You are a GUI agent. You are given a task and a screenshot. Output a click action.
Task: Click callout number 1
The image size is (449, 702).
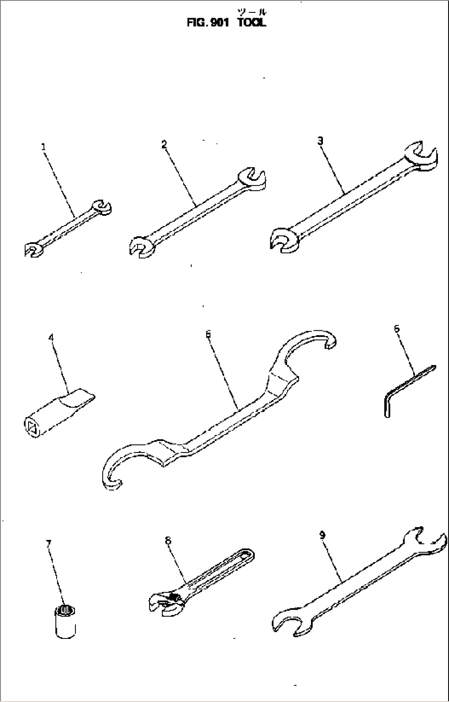[x=44, y=147]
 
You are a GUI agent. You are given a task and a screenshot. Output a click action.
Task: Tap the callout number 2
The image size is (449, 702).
[x=164, y=145]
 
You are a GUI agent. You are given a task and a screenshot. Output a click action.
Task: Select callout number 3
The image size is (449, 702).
[x=320, y=141]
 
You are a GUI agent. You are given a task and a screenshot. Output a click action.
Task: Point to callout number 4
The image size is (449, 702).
[x=51, y=337]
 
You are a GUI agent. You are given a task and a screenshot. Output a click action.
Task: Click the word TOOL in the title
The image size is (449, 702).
[x=252, y=22]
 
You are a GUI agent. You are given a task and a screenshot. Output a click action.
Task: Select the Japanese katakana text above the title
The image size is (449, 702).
[x=252, y=12]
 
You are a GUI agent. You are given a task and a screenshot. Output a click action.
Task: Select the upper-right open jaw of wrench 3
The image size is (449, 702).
[x=421, y=155]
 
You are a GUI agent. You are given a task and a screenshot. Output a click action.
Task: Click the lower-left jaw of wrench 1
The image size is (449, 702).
[x=33, y=250]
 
